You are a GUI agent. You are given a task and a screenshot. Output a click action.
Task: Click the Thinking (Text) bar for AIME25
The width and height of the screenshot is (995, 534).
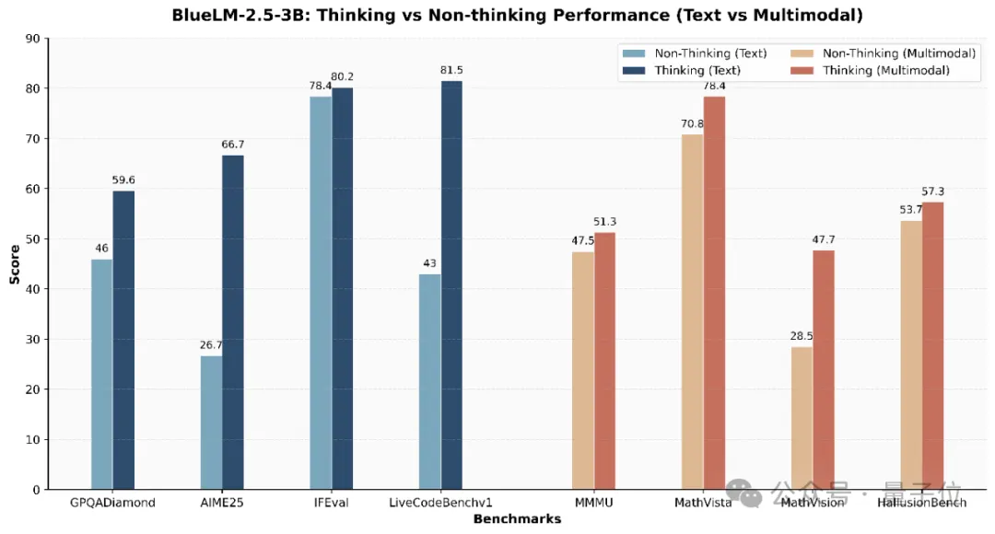click(x=233, y=322)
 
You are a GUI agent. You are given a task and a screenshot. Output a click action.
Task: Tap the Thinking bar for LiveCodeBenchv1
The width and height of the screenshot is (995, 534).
click(x=451, y=285)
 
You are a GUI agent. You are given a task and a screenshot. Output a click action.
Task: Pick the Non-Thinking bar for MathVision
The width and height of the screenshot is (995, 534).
click(x=802, y=418)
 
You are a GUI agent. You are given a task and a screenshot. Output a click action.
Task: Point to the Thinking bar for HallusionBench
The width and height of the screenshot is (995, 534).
click(x=932, y=345)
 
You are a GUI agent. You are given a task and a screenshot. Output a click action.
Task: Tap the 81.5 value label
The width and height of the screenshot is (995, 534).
click(x=451, y=70)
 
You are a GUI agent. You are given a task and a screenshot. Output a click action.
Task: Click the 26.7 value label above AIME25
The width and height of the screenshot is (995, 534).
click(x=211, y=345)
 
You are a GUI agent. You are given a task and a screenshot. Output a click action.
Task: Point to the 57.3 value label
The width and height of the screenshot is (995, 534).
click(x=932, y=192)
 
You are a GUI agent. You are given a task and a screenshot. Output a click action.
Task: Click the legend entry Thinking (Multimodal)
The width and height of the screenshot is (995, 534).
click(x=884, y=70)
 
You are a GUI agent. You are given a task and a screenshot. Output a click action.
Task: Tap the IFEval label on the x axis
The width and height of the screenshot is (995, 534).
click(x=331, y=503)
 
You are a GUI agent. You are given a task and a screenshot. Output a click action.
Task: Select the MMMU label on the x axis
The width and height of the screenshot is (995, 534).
click(x=593, y=503)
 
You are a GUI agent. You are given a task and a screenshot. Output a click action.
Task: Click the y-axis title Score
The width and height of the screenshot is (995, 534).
click(x=15, y=263)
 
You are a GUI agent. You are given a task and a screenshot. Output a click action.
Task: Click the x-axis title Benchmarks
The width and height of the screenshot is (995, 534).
click(x=517, y=519)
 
